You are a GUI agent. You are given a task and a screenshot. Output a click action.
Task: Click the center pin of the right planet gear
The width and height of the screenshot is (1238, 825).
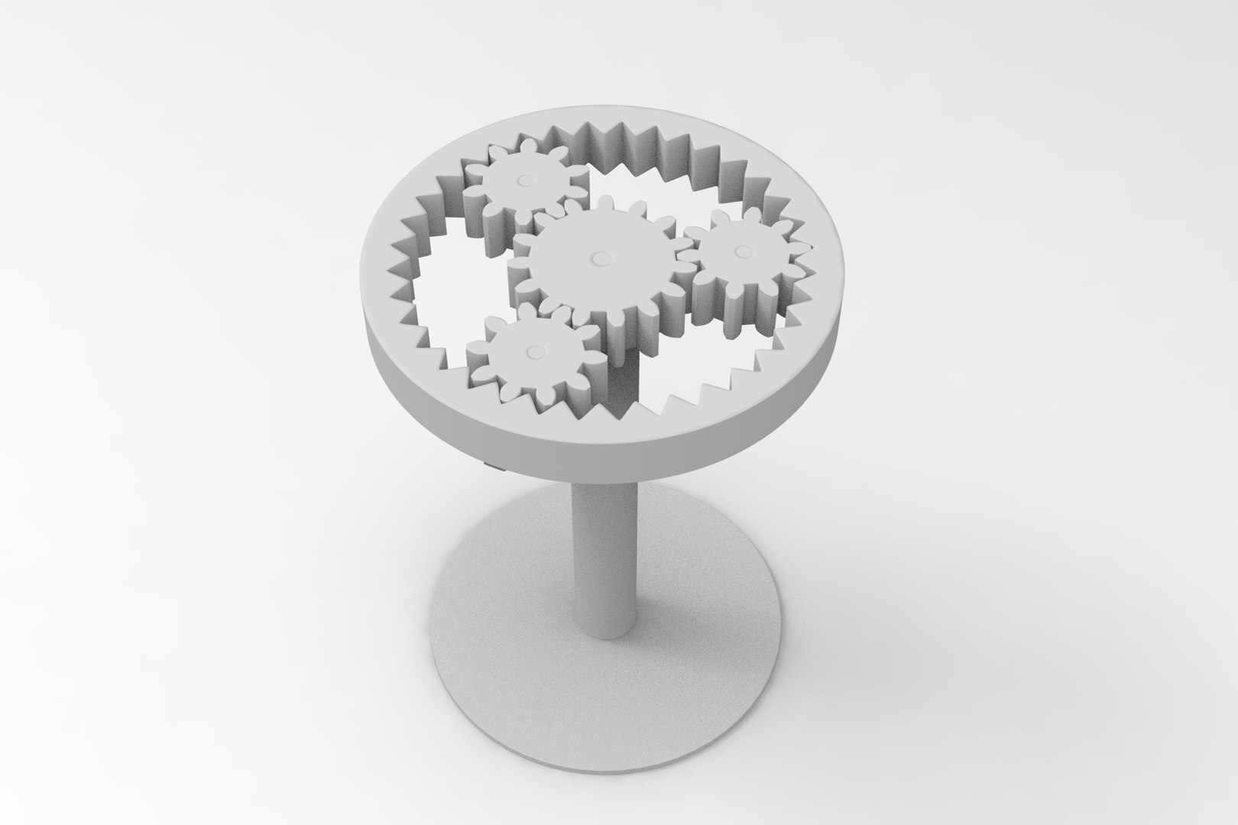[x=739, y=251]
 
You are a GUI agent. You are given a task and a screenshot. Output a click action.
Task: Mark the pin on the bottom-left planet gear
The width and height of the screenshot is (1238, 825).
[x=533, y=351]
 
